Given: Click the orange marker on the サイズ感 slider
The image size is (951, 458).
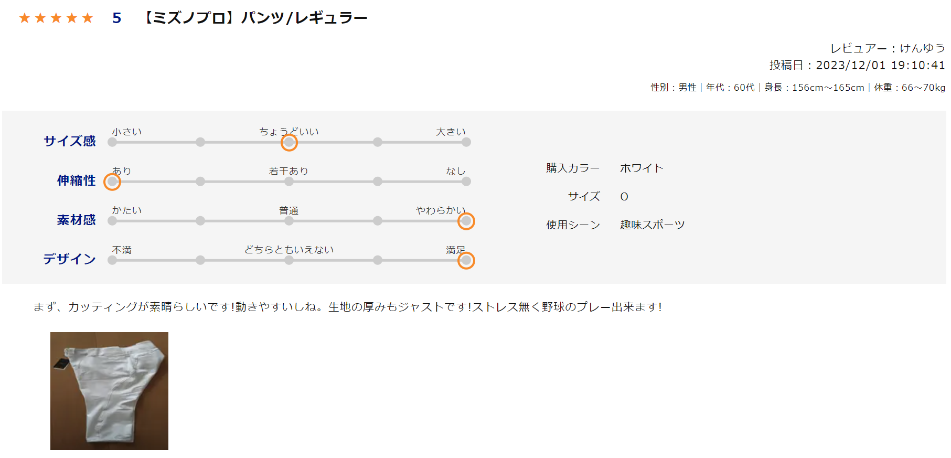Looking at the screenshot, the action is [289, 142].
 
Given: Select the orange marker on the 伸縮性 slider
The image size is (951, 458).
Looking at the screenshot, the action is [112, 182].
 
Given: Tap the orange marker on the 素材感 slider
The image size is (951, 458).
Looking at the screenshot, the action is [466, 221].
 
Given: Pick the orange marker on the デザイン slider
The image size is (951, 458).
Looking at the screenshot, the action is [466, 261].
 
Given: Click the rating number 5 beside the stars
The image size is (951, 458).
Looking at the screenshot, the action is [117, 18].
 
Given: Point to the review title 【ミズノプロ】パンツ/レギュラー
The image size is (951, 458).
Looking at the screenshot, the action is [254, 18].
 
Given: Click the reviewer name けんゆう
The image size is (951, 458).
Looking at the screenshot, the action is [922, 48].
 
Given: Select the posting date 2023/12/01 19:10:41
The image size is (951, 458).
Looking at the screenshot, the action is [880, 65].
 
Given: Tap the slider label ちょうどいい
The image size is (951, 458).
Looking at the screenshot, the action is [289, 132].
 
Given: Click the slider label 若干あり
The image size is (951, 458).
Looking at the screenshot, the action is [288, 171].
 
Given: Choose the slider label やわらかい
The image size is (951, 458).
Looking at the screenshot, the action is [441, 210].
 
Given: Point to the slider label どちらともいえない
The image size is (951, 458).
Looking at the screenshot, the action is [289, 250].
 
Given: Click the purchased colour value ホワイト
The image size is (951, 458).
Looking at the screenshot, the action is [642, 168].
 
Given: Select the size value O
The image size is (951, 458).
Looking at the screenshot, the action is [624, 197].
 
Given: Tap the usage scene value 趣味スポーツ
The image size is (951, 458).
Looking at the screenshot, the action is [653, 225].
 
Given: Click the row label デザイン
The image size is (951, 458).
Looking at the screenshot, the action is [69, 259].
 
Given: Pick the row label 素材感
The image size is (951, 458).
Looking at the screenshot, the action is [77, 219].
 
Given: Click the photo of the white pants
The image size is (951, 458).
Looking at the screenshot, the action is [109, 391].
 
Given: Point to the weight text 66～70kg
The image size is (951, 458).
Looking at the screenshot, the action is [923, 88].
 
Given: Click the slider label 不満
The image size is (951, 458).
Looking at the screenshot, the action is [122, 250].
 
